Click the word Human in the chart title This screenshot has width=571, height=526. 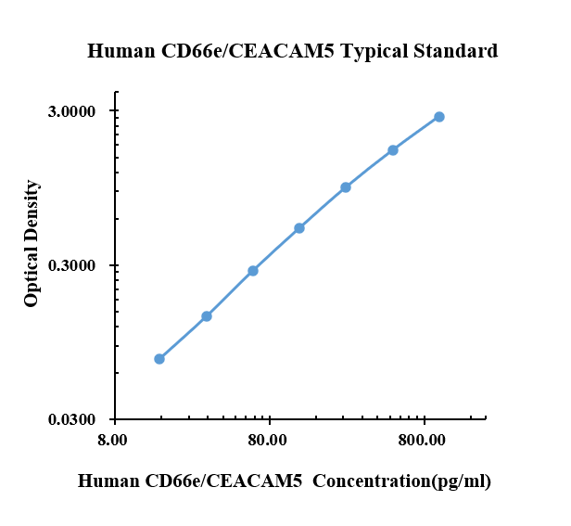click(121, 51)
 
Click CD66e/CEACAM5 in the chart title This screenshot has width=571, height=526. click(247, 51)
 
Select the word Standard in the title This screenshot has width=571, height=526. click(455, 51)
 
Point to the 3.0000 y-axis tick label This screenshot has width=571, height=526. click(71, 111)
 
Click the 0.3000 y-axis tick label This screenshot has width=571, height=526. click(71, 265)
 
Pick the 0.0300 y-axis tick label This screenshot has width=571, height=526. click(71, 419)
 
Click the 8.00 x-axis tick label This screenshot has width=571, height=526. click(112, 440)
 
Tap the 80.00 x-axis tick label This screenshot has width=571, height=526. click(268, 440)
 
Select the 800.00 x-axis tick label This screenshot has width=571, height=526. click(422, 440)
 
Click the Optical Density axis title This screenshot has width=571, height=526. click(32, 243)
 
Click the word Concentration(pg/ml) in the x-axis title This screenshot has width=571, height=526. click(401, 481)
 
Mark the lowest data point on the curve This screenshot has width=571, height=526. click(159, 359)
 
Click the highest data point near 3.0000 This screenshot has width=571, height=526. click(439, 117)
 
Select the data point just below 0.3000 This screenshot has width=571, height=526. click(253, 271)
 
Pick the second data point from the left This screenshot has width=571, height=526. click(207, 316)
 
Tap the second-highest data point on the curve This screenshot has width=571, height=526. click(393, 150)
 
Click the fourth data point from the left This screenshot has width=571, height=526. click(299, 228)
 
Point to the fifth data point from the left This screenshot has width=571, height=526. click(346, 187)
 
